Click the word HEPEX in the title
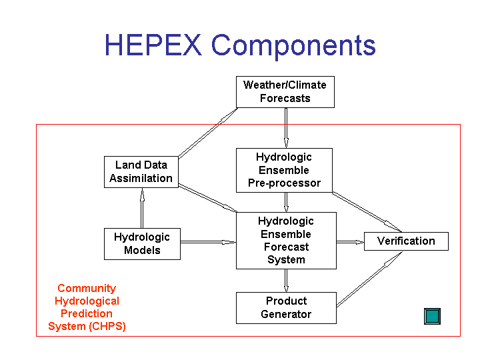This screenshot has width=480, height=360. [x=153, y=45]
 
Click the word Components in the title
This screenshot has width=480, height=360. [x=293, y=46]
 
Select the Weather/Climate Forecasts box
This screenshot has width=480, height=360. [x=285, y=92]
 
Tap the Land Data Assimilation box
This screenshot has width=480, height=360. [x=141, y=172]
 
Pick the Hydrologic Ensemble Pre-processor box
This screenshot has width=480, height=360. [x=284, y=170]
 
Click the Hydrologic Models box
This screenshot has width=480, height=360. [x=142, y=244]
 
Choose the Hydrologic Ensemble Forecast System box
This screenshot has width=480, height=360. [x=286, y=241]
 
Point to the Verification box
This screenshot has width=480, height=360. [x=406, y=241]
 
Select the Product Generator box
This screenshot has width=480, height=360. [x=286, y=307]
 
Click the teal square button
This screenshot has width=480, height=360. [x=432, y=316]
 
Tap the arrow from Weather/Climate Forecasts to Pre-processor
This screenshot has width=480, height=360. [x=286, y=128]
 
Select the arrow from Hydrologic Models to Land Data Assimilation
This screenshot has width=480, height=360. [x=142, y=208]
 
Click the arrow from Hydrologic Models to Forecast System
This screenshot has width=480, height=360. [x=208, y=242]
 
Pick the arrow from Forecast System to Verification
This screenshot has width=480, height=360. [x=350, y=242]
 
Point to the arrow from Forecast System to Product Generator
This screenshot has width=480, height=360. [x=286, y=281]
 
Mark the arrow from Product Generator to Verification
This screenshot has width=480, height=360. [x=369, y=279]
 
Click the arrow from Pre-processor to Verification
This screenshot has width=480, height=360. [x=367, y=212]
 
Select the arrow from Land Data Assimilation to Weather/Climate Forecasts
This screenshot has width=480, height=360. [x=208, y=133]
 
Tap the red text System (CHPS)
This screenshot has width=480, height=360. [x=87, y=326]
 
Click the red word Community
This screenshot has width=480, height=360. [x=87, y=288]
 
